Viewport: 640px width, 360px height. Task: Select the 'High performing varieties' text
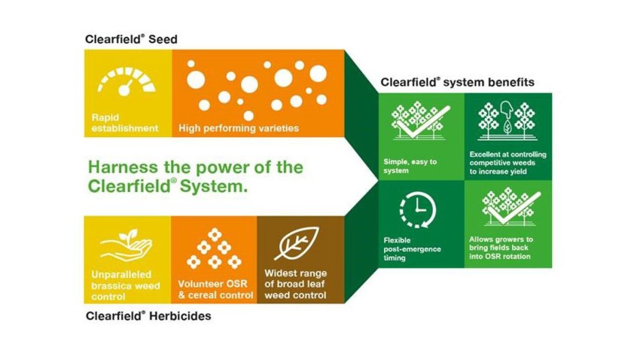[239, 128]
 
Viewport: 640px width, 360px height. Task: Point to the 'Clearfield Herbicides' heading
[147, 316]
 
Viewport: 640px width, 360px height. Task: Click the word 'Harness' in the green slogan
[120, 167]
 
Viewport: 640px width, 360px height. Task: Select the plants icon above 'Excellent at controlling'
[507, 121]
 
